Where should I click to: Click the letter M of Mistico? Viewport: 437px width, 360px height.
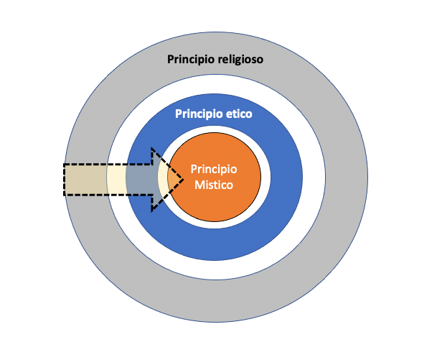point(199,185)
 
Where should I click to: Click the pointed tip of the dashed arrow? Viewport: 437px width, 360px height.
point(182,180)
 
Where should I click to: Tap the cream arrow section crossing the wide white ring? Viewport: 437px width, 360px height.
point(116,179)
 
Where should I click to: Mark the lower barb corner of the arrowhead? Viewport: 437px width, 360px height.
point(151,211)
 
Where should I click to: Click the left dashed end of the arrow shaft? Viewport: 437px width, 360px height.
point(64,179)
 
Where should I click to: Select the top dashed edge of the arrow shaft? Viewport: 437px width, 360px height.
point(108,165)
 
